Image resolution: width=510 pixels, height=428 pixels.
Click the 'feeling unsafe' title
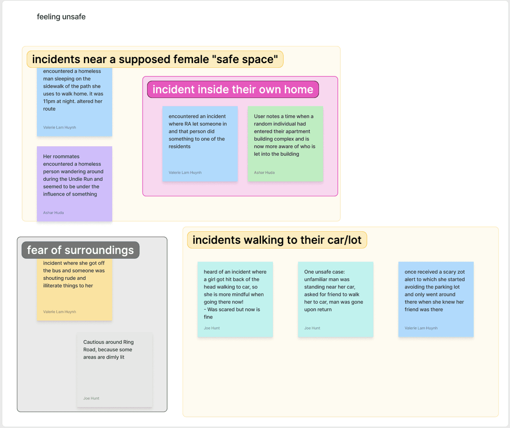click(x=61, y=17)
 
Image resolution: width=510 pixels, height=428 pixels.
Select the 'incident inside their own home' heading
click(x=233, y=89)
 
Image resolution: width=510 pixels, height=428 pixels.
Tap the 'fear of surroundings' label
click(x=80, y=250)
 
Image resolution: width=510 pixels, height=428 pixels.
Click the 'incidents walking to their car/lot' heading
click(x=277, y=240)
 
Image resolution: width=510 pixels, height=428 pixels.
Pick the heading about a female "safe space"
click(x=155, y=59)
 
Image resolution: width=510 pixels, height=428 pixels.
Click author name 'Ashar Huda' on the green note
click(x=264, y=172)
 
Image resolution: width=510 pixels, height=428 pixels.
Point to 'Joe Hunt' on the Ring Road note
click(x=91, y=398)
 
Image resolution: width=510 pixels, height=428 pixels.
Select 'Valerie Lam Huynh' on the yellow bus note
click(x=60, y=312)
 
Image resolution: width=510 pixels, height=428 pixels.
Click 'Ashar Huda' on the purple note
click(x=53, y=213)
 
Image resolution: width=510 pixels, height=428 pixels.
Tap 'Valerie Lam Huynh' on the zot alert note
click(x=421, y=328)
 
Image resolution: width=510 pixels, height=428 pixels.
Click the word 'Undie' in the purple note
click(x=75, y=179)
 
